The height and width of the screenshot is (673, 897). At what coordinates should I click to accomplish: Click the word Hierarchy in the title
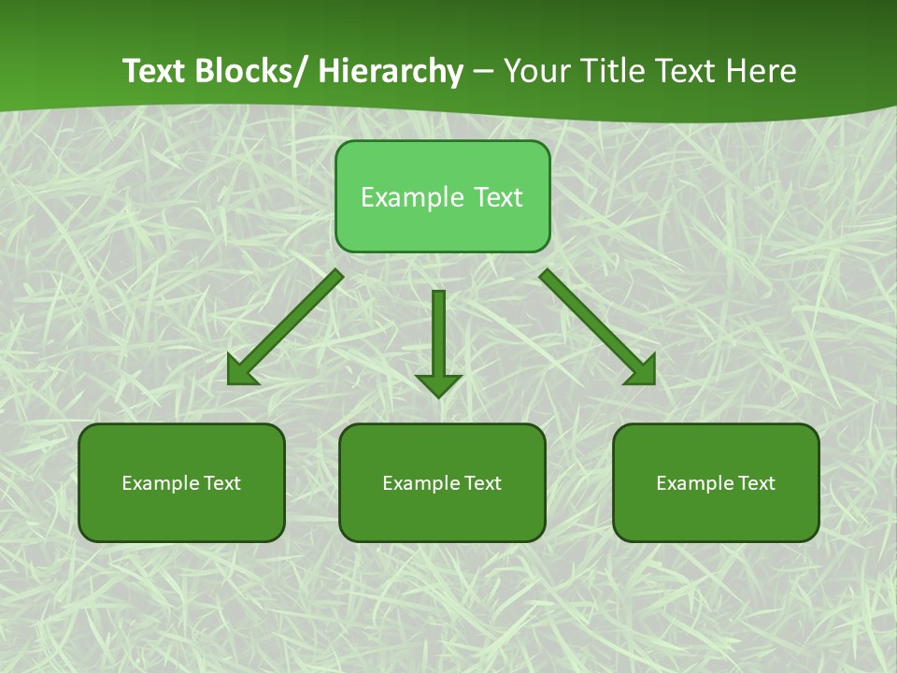pos(391,72)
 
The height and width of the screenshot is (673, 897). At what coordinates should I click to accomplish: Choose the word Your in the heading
pos(536,72)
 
